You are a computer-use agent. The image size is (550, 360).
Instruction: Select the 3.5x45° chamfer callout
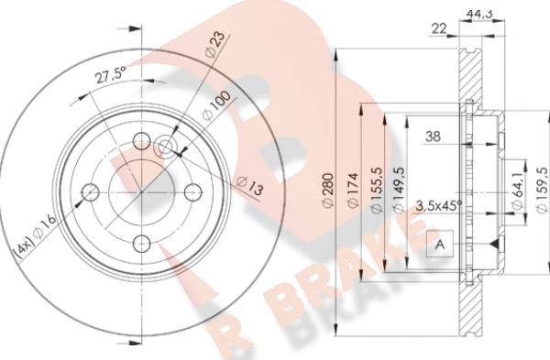pos(438,205)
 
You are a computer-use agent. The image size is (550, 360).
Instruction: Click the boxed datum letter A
pos(439,245)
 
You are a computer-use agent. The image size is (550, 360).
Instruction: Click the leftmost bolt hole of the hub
pos(90,192)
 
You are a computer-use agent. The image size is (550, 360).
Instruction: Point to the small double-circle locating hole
pos(165,147)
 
